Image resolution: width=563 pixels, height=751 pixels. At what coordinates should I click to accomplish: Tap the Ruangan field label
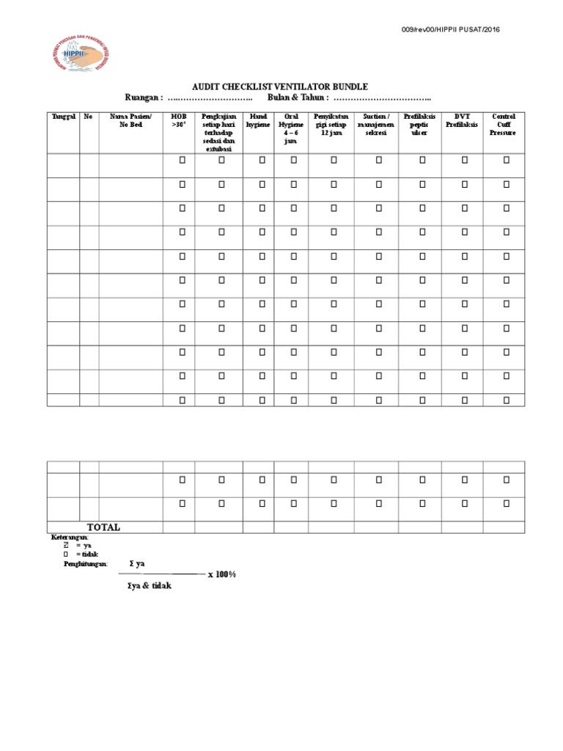tap(144, 98)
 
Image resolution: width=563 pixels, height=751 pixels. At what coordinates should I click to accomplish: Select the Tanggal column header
tap(63, 117)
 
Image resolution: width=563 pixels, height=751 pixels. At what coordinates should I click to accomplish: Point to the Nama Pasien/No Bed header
tap(130, 120)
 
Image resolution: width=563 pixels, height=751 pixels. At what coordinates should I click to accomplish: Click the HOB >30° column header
tap(179, 120)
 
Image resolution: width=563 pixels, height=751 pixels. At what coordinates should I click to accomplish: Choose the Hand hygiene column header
tap(258, 120)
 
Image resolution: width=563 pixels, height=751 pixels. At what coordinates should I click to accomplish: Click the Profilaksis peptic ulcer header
tap(419, 125)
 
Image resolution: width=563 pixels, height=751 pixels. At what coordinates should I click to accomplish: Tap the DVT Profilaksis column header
tap(462, 120)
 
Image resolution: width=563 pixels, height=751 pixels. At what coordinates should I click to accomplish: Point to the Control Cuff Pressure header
tap(503, 125)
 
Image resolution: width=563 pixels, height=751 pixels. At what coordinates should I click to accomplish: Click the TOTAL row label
tap(103, 527)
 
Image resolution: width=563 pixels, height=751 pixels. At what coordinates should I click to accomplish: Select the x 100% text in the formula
tap(222, 574)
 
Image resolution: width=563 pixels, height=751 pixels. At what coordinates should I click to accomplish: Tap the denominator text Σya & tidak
tap(149, 586)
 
